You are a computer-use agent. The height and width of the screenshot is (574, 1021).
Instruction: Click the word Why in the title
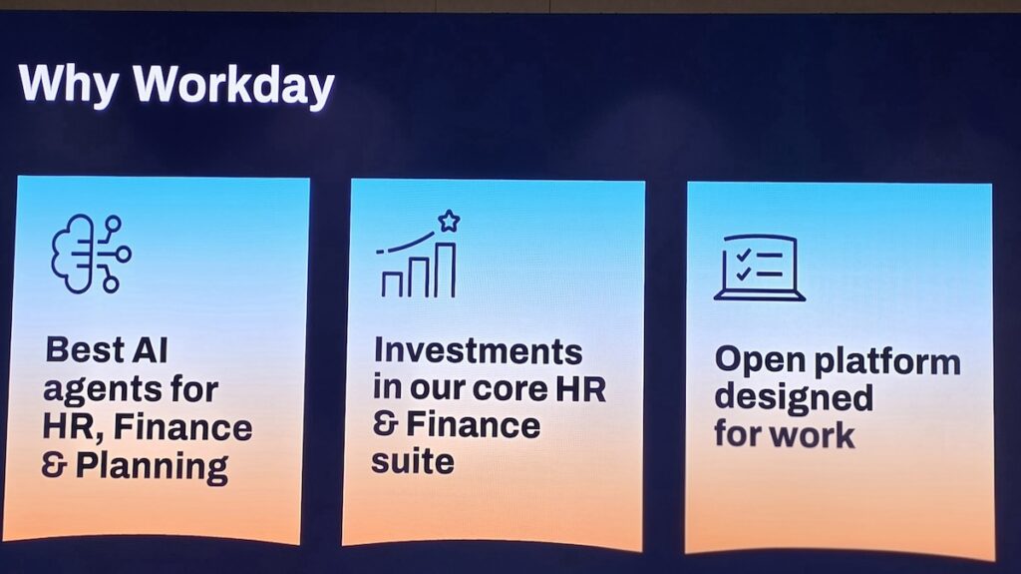click(69, 85)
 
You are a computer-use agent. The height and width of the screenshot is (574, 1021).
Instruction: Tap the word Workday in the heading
click(233, 85)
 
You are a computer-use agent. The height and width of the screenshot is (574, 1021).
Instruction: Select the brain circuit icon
click(91, 254)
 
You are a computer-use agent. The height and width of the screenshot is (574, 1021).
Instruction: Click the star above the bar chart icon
click(449, 222)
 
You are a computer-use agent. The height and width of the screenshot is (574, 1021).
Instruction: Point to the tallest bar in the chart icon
click(445, 270)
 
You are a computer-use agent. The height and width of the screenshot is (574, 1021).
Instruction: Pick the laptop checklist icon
click(759, 268)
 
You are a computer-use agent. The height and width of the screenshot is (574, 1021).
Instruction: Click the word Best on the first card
click(85, 349)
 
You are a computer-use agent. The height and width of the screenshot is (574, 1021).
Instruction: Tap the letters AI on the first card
click(150, 349)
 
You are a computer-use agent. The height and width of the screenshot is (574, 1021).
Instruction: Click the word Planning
click(152, 467)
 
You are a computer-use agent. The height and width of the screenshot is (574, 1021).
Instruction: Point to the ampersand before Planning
click(54, 466)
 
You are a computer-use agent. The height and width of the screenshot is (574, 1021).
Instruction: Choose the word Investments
click(478, 351)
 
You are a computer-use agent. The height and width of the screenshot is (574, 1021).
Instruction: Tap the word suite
click(413, 462)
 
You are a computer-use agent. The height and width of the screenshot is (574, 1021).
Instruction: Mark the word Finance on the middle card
click(473, 425)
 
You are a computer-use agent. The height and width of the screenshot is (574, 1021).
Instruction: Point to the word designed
click(794, 398)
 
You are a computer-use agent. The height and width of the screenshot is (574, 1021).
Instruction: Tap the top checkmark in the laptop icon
click(743, 255)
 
